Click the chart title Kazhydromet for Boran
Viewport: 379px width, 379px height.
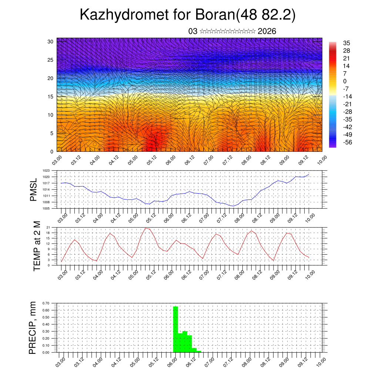[188, 15]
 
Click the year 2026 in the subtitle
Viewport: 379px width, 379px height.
[267, 31]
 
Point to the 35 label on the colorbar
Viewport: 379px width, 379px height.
[347, 43]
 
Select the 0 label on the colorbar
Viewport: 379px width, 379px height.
[345, 81]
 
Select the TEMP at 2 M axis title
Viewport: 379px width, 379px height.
[37, 246]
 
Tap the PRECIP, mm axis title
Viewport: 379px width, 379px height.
[33, 328]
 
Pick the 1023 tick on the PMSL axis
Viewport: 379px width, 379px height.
[46, 171]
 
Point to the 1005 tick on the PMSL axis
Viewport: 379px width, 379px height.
[46, 208]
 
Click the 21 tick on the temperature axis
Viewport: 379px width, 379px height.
[48, 227]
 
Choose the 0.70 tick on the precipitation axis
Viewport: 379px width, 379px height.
[46, 303]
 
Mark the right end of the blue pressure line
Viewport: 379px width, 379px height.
[309, 174]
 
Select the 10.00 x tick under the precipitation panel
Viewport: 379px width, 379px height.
[321, 361]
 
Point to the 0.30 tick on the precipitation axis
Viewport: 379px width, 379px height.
[46, 331]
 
